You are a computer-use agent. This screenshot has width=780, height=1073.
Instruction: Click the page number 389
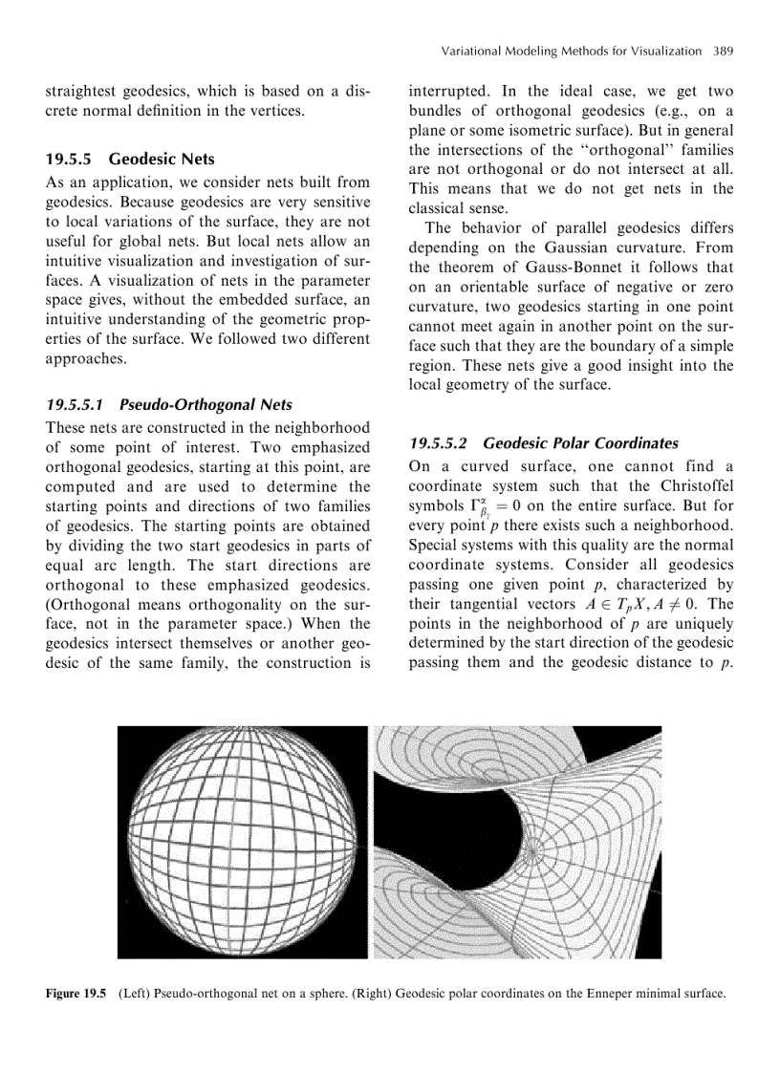722,50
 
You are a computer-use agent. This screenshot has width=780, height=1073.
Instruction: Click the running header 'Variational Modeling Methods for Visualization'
569,50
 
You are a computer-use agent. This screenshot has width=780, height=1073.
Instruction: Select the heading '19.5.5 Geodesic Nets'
131,159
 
